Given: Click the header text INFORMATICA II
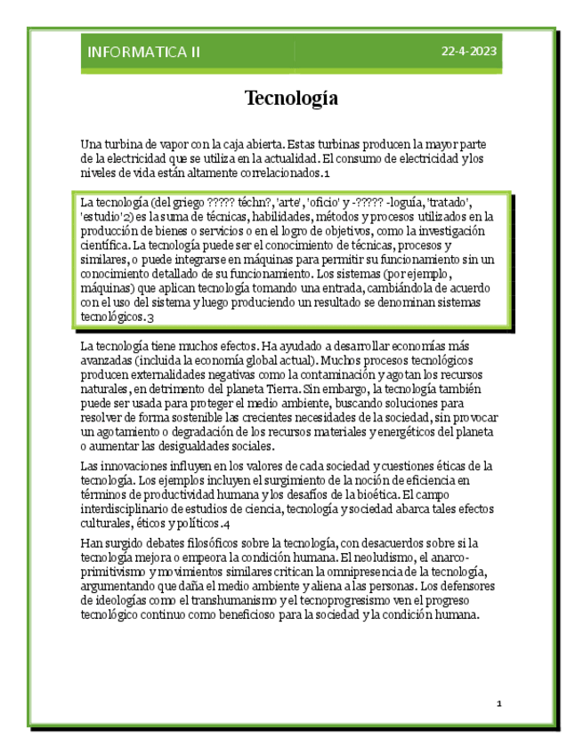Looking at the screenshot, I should click(143, 52).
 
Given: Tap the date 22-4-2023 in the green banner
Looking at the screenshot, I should click(469, 52).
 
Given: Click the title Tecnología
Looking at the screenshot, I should click(291, 98).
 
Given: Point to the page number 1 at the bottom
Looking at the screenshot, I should click(499, 703).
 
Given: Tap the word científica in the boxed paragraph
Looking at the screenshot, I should click(103, 245).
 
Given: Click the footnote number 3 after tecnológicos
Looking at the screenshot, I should click(151, 317).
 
